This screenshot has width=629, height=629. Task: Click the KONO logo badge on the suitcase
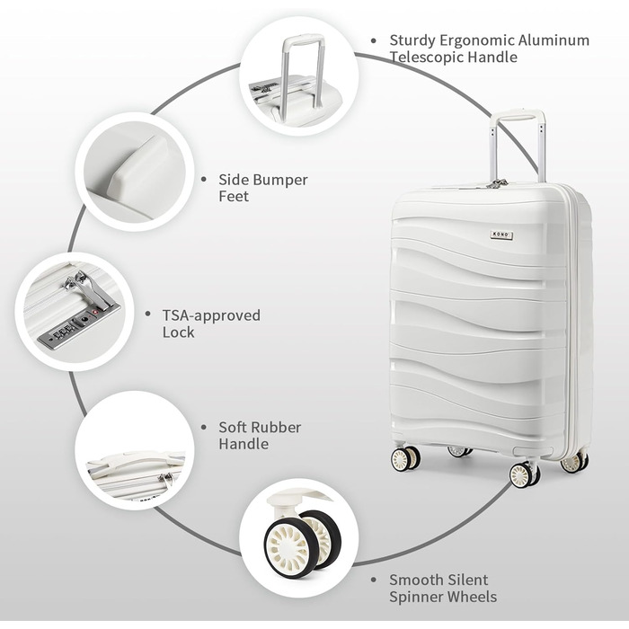point(501,235)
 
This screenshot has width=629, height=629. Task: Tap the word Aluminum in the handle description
point(554,40)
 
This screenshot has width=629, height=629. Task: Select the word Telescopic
point(427,58)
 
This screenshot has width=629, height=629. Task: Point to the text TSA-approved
point(211,315)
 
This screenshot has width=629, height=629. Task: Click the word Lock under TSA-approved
point(178,332)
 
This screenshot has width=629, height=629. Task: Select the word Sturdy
point(412,41)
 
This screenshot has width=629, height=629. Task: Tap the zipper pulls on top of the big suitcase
point(498,183)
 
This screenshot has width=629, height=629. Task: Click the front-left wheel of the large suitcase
point(405,459)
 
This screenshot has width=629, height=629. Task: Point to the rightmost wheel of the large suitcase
point(574,463)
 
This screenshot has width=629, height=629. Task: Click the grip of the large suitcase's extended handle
point(517,115)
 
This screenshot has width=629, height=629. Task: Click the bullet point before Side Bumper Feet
point(204,180)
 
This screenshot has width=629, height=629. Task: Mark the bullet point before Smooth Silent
point(374,580)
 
